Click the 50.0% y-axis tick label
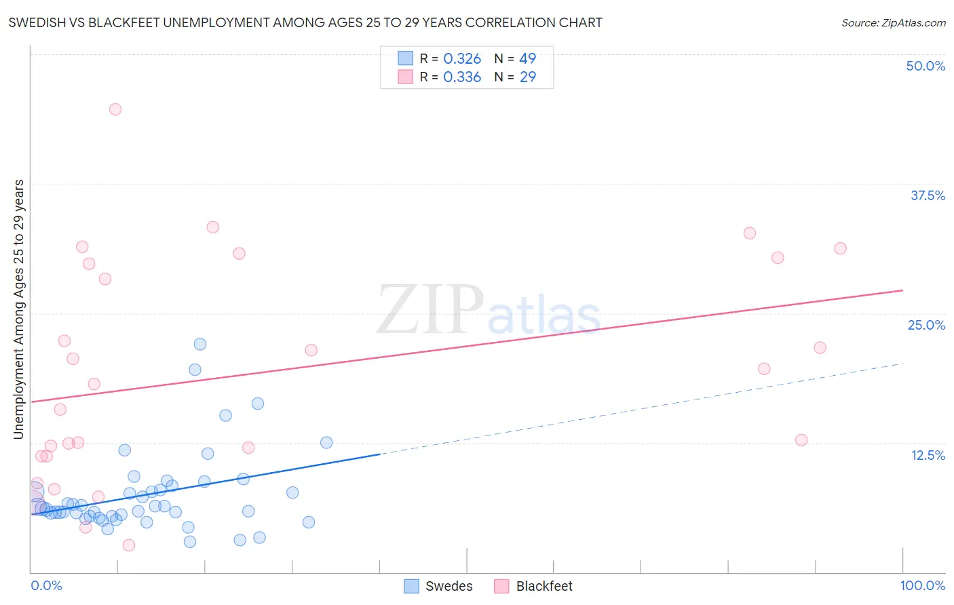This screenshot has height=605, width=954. tap(925, 66)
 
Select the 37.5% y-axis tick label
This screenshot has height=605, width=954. tap(927, 195)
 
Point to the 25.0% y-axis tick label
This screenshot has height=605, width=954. tap(926, 325)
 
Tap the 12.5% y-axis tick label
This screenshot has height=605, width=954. tap(927, 455)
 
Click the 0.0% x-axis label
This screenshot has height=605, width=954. tap(46, 585)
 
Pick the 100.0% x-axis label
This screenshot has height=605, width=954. tap(922, 585)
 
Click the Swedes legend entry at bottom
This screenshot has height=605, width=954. tap(438, 586)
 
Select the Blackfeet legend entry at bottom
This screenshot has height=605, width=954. tap(533, 586)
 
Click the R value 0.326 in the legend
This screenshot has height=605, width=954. tap(462, 59)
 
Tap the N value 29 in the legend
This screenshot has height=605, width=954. tap(528, 77)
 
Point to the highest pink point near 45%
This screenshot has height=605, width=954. tap(115, 109)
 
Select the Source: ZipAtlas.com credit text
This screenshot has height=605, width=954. tap(893, 22)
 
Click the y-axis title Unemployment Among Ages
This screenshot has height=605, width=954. tap(19, 309)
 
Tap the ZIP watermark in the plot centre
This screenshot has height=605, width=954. tap(430, 309)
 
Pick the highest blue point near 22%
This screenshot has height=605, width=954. tap(200, 344)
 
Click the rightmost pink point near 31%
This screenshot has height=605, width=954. tap(840, 248)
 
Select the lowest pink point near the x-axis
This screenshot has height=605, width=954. tap(129, 545)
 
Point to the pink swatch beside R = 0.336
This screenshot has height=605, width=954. tap(405, 77)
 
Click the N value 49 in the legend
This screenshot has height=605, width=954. tap(528, 59)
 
